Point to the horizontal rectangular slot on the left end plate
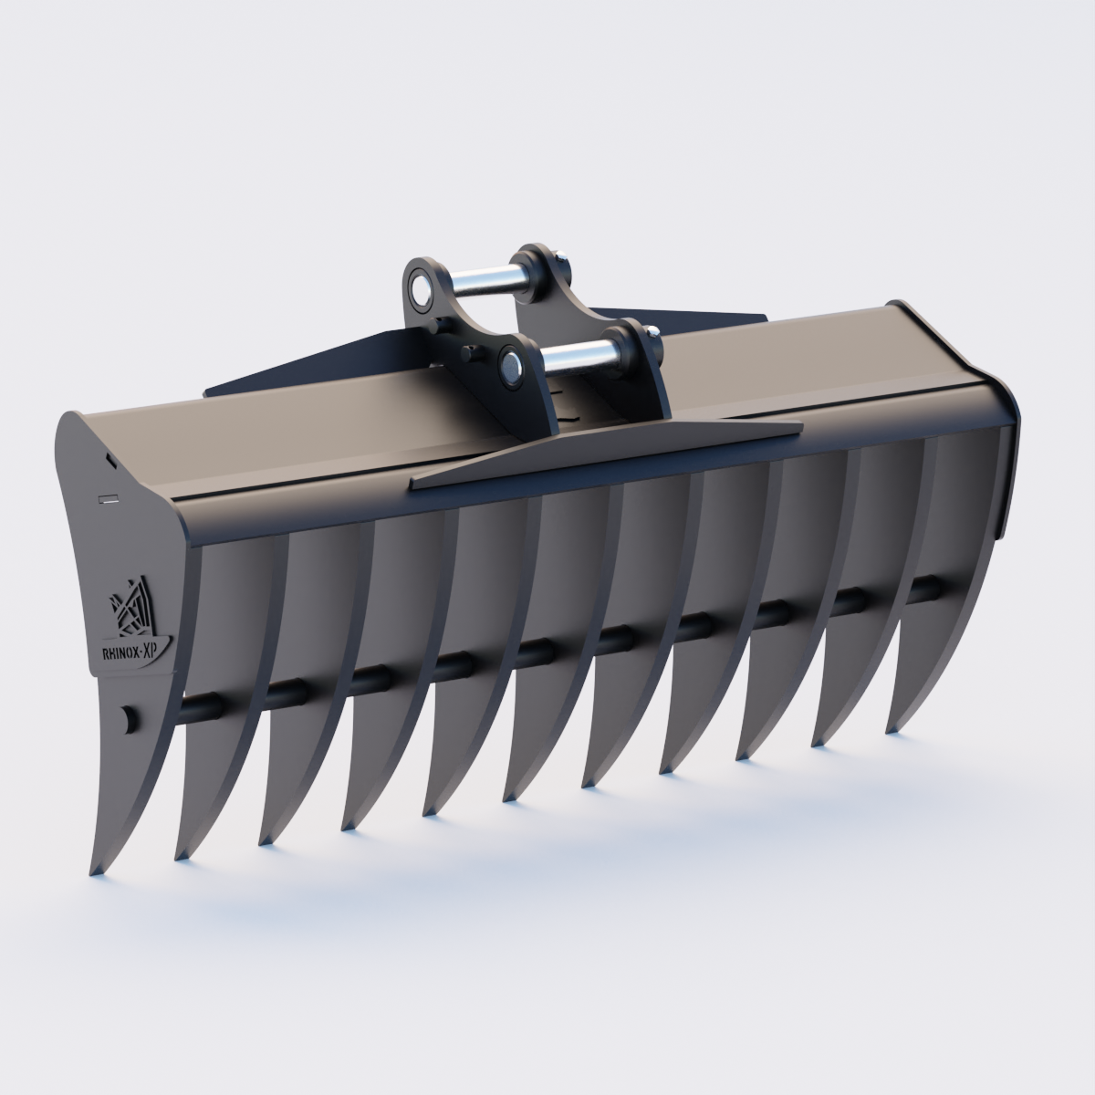coord(109,498)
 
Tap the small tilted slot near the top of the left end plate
coord(109,462)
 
